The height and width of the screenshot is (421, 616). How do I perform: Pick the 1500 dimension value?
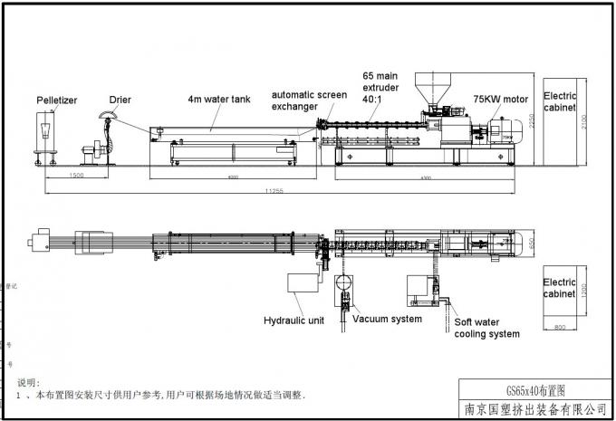[x=76, y=177]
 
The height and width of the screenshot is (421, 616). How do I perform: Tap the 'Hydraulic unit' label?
[x=293, y=320]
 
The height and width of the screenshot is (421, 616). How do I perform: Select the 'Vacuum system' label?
[x=387, y=318]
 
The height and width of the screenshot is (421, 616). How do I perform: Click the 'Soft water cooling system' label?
[x=486, y=327]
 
